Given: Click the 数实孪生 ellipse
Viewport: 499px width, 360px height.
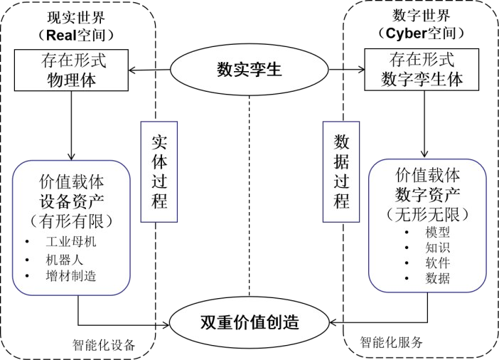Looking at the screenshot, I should tap(249, 70).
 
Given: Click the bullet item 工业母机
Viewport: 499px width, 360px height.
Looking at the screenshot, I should tap(70, 242).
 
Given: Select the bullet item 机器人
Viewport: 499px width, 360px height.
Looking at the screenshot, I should tap(64, 259).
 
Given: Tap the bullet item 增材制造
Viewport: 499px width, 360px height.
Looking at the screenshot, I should tap(70, 276).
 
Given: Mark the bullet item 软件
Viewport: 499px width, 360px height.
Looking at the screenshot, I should tap(437, 263).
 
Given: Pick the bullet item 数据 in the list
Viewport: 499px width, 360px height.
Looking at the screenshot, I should tap(437, 278).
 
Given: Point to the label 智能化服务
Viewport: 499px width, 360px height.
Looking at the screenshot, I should tap(390, 342).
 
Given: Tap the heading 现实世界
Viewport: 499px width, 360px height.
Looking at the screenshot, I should tap(78, 16).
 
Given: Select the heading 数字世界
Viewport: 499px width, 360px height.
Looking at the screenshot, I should tap(421, 15).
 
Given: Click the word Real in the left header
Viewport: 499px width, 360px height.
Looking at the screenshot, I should tap(64, 33).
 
